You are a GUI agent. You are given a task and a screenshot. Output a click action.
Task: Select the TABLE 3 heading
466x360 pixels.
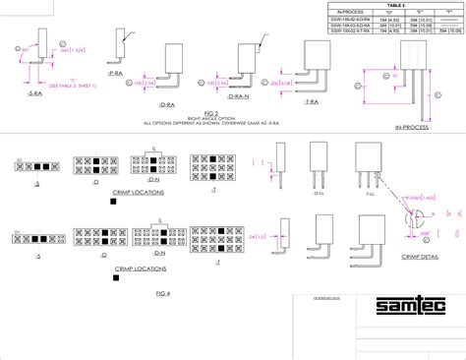point(391,5)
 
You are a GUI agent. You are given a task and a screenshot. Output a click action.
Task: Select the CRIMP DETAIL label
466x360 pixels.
point(417,254)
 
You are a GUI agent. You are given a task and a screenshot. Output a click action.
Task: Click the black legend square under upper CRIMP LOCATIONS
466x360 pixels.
point(115,202)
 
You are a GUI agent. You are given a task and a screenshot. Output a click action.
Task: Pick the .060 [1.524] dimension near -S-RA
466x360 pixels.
point(60,63)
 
